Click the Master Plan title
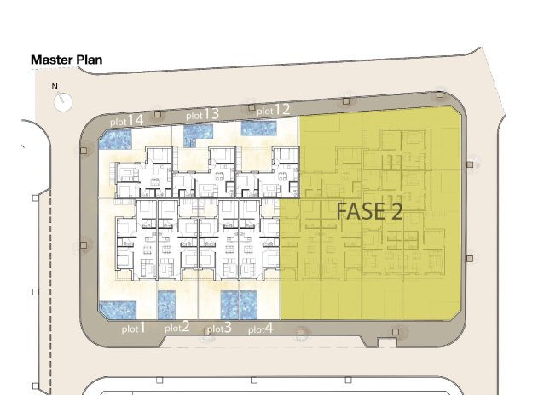[67, 60]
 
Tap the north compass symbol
[64, 101]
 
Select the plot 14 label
[126, 121]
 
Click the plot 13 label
[203, 114]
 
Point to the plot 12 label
[274, 110]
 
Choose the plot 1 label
[134, 328]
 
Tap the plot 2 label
[177, 328]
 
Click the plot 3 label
[219, 328]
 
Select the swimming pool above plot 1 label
[113, 311]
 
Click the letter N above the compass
[55, 86]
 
